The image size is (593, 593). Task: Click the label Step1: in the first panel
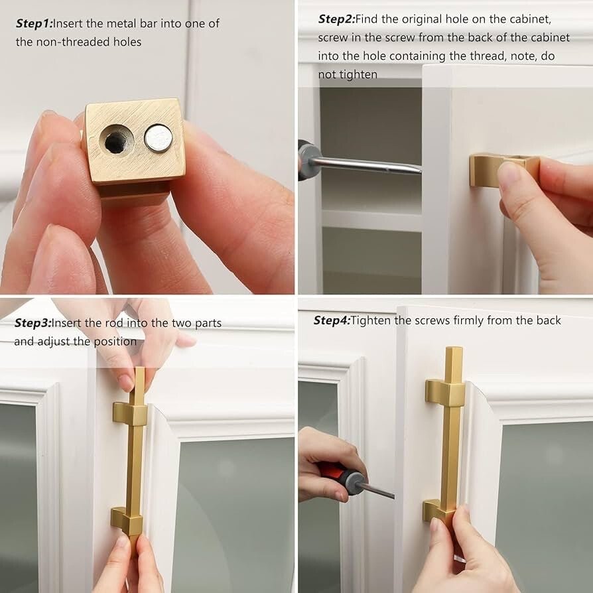pyautogui.click(x=34, y=24)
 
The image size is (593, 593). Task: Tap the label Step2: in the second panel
pyautogui.click(x=336, y=19)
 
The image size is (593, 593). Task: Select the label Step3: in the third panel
pyautogui.click(x=33, y=323)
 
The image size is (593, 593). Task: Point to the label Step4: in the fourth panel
pyautogui.click(x=332, y=320)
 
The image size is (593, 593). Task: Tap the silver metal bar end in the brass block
pyautogui.click(x=159, y=139)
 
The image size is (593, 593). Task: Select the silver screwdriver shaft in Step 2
pyautogui.click(x=367, y=165)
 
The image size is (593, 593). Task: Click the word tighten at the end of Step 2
pyautogui.click(x=359, y=75)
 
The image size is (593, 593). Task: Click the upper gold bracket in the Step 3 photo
pyautogui.click(x=130, y=413)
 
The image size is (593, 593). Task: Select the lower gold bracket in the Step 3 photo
pyautogui.click(x=127, y=521)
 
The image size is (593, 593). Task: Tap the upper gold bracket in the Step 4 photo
pyautogui.click(x=445, y=393)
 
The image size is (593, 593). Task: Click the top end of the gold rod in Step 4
pyautogui.click(x=454, y=348)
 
